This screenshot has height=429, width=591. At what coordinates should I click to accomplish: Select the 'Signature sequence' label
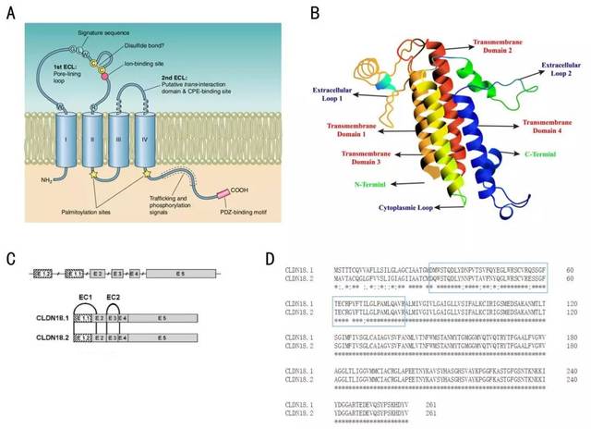pos(105,16)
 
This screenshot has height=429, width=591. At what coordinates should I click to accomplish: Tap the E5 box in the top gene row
pos(180,274)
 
